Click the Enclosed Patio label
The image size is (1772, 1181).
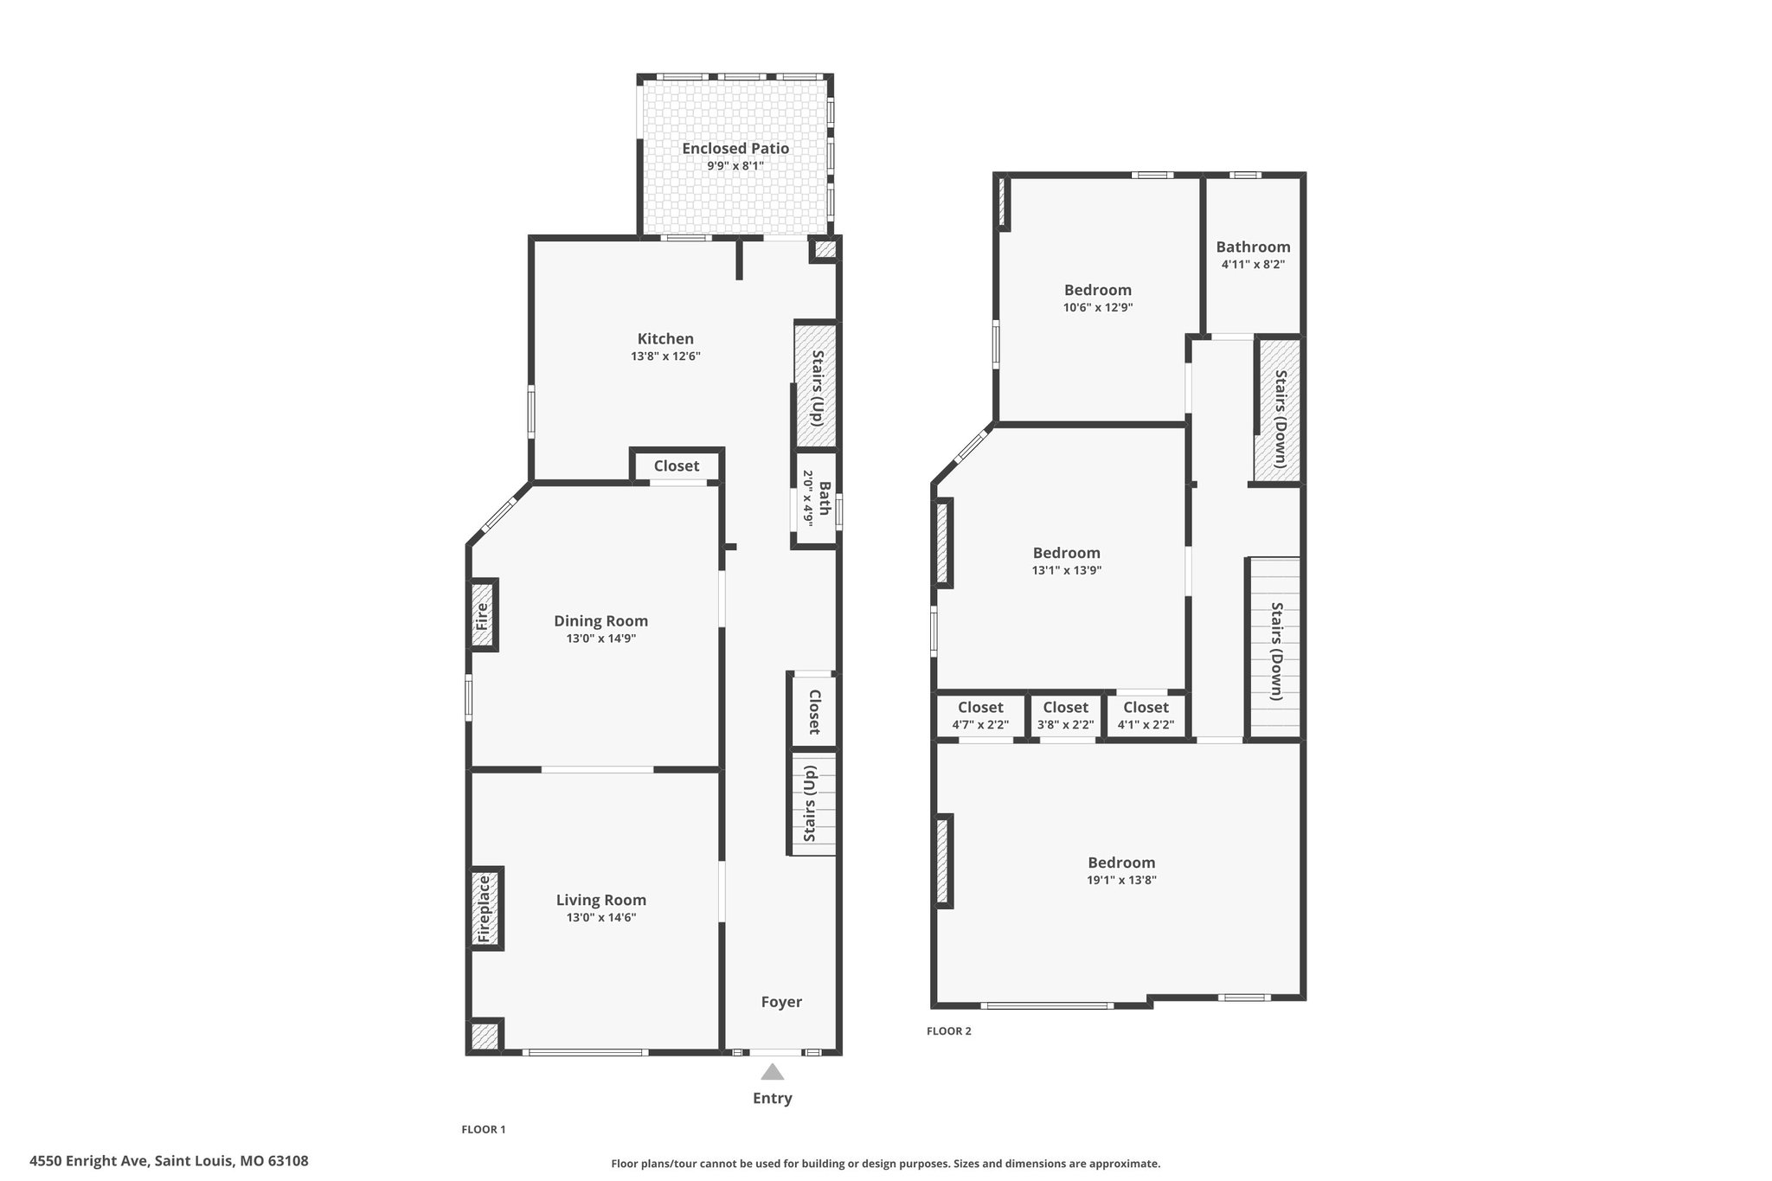735,148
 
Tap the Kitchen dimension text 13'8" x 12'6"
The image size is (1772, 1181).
665,356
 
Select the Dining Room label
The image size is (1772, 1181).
600,620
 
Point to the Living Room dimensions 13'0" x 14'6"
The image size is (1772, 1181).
601,917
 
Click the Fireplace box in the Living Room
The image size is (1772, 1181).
486,908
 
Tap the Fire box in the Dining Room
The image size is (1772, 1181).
484,615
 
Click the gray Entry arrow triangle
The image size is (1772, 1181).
773,1072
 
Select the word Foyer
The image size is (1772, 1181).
781,1002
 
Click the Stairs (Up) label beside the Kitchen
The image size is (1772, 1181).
816,386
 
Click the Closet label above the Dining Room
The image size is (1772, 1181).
677,465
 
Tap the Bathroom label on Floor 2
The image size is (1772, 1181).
1253,247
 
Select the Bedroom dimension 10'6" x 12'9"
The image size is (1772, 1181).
1098,307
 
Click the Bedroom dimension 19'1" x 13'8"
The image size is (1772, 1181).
1121,880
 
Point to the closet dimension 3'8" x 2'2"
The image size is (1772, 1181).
1065,725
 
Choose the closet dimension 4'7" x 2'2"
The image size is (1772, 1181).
980,725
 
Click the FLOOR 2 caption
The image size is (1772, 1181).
949,1031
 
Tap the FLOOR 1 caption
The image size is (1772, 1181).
484,1129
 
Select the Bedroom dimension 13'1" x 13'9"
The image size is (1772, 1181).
1066,570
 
